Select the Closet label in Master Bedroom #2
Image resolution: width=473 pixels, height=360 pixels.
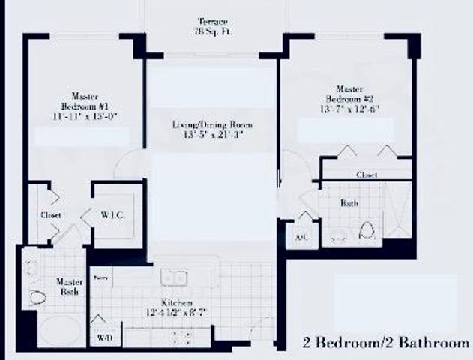click(366, 175)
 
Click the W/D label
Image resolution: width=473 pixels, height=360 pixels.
click(104, 338)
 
